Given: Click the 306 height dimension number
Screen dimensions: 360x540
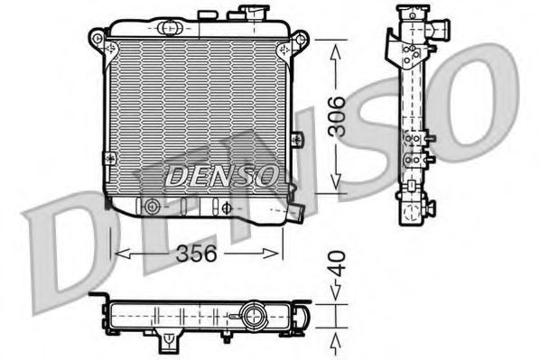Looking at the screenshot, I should click(335, 116).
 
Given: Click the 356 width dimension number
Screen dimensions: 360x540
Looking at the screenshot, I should click(196, 254).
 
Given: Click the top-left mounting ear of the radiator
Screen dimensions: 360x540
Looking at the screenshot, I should click(97, 38).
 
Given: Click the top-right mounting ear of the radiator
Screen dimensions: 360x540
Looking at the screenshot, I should click(301, 39).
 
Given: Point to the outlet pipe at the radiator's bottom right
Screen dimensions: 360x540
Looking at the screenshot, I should click(294, 213).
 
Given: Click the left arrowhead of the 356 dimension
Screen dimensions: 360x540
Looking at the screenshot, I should click(117, 254).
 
